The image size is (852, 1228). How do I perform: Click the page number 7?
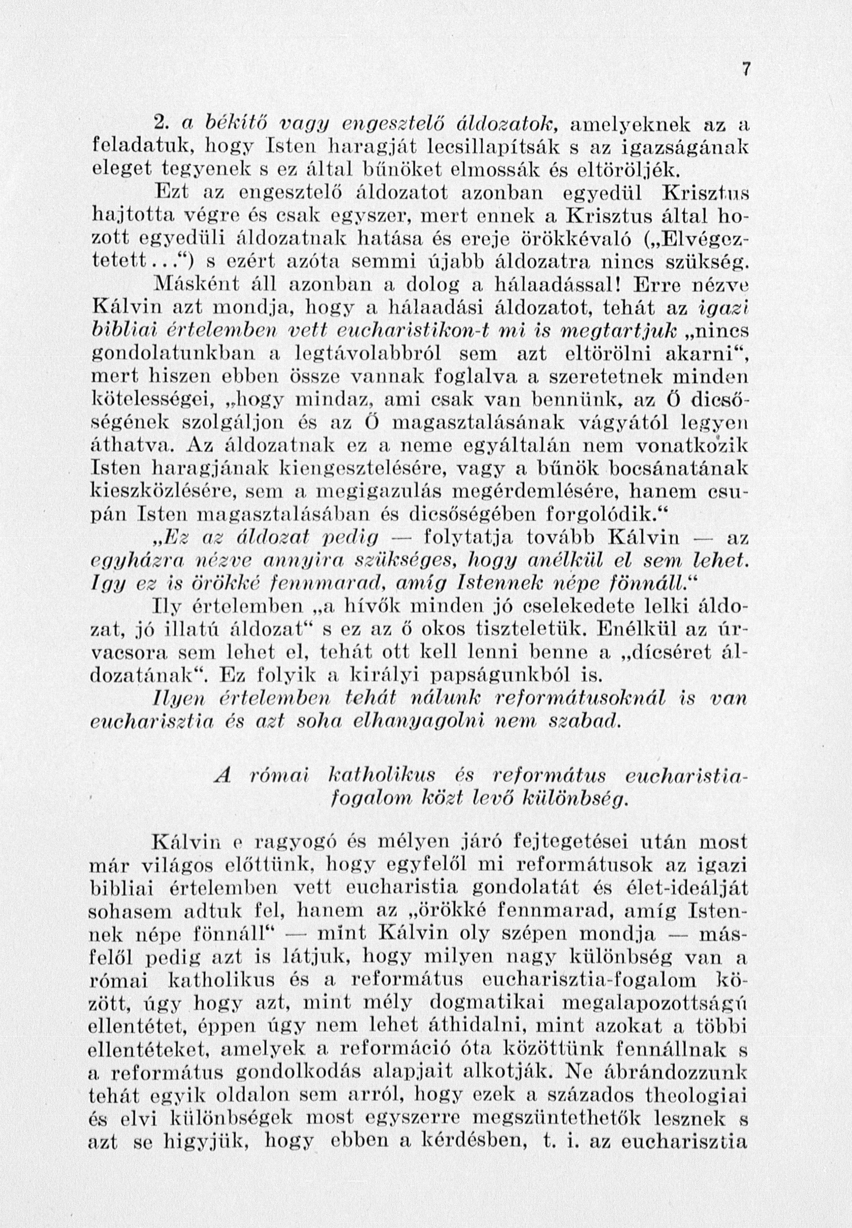746,70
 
